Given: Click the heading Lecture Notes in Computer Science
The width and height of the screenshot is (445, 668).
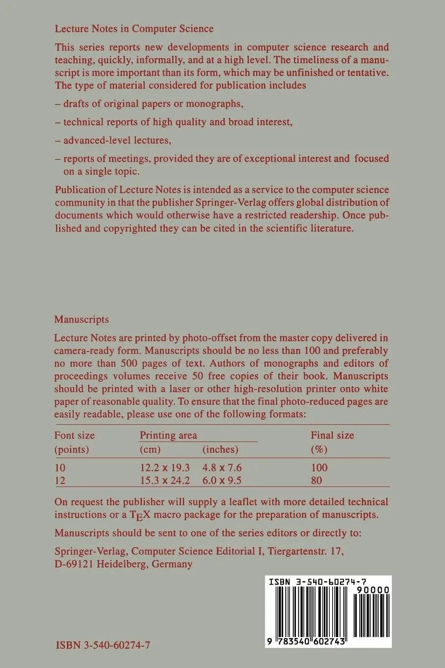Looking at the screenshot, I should pos(134,28).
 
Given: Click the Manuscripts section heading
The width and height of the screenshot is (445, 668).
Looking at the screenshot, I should pos(81,319).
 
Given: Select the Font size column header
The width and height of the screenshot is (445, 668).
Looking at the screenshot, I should pos(74,435).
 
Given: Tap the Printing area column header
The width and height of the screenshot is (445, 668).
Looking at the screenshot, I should pos(168,435).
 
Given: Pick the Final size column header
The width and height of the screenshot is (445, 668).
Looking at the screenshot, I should pos(332,435).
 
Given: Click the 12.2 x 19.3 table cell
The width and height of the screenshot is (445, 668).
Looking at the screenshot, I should pos(165,468).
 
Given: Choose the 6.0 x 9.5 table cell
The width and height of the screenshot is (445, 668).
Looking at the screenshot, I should pos(222,480).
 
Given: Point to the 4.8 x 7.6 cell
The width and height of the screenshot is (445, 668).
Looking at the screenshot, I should pos(222,468).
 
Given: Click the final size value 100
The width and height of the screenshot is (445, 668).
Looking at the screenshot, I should pos(319,468).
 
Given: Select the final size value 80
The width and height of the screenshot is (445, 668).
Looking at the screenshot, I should pos(316,480).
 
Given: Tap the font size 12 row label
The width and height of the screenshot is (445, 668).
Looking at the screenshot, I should pos(60,480).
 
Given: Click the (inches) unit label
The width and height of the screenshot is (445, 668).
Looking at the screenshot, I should pos(220,449).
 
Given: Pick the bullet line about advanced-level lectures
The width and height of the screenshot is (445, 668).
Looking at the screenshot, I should pos(113,140).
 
